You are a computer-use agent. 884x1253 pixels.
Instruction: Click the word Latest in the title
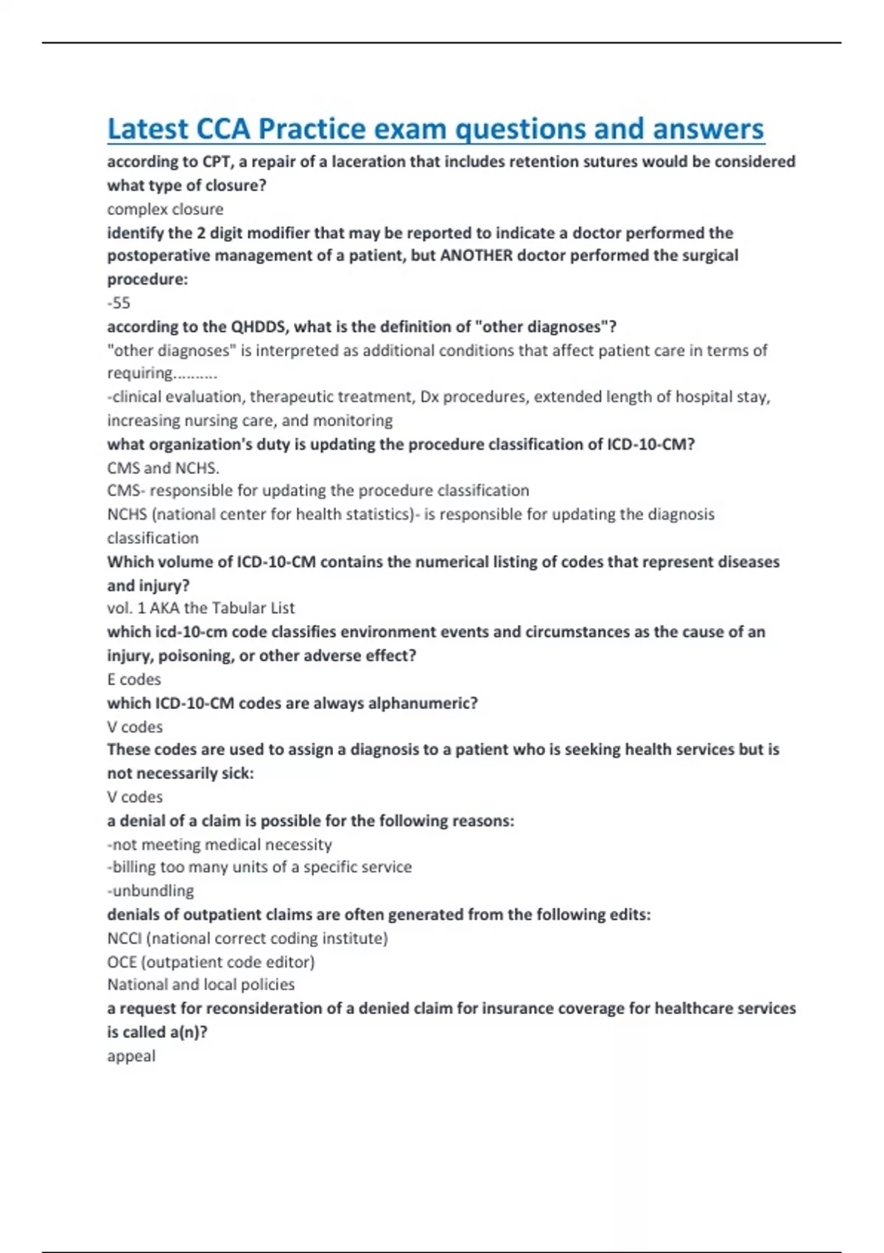[147, 129]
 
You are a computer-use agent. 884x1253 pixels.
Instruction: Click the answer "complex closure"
[165, 209]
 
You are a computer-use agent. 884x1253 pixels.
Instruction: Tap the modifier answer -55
[119, 303]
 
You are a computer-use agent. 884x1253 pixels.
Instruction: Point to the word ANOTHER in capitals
[477, 256]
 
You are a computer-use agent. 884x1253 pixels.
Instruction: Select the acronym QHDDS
[259, 327]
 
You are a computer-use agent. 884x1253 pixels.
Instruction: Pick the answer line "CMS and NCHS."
[163, 468]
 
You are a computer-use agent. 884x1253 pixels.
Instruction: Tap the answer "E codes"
[134, 680]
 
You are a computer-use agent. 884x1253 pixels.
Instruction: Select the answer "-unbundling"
[150, 891]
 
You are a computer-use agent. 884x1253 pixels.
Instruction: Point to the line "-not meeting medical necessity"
[220, 845]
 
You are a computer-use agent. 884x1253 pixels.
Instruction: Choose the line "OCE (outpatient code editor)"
[211, 962]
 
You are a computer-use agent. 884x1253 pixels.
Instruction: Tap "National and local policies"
[200, 985]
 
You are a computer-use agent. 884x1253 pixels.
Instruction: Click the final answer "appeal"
[131, 1056]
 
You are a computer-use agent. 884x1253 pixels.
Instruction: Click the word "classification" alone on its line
[152, 538]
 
